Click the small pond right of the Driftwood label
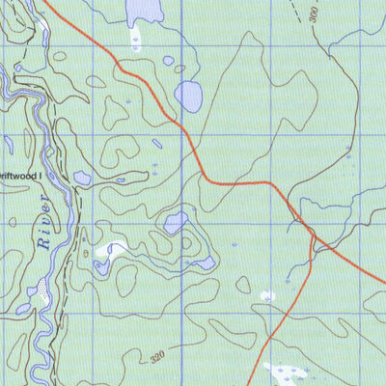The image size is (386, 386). point(82,178)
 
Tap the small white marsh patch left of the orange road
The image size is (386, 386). point(268,295)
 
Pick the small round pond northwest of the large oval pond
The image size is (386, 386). point(168,61)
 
